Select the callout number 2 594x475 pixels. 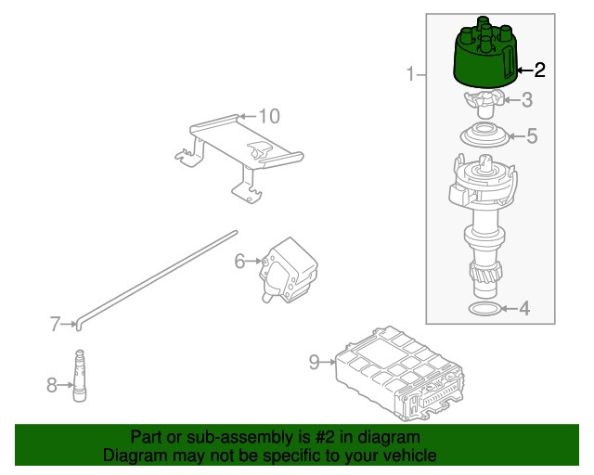pyautogui.click(x=539, y=71)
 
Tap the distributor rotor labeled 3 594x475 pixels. pyautogui.click(x=484, y=103)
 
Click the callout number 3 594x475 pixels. pyautogui.click(x=527, y=100)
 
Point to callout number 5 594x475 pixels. pyautogui.click(x=532, y=135)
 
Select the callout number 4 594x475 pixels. pyautogui.click(x=523, y=309)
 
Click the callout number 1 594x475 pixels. pyautogui.click(x=410, y=73)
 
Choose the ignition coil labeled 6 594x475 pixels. pyautogui.click(x=289, y=270)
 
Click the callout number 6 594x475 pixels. pyautogui.click(x=239, y=261)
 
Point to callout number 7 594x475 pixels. pyautogui.click(x=56, y=324)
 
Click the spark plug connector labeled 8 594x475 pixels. pyautogui.click(x=80, y=375)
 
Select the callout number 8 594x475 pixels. pyautogui.click(x=52, y=385)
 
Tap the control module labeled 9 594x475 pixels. pyautogui.click(x=400, y=373)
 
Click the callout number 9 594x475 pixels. pyautogui.click(x=315, y=362)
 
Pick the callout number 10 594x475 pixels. pyautogui.click(x=269, y=116)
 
